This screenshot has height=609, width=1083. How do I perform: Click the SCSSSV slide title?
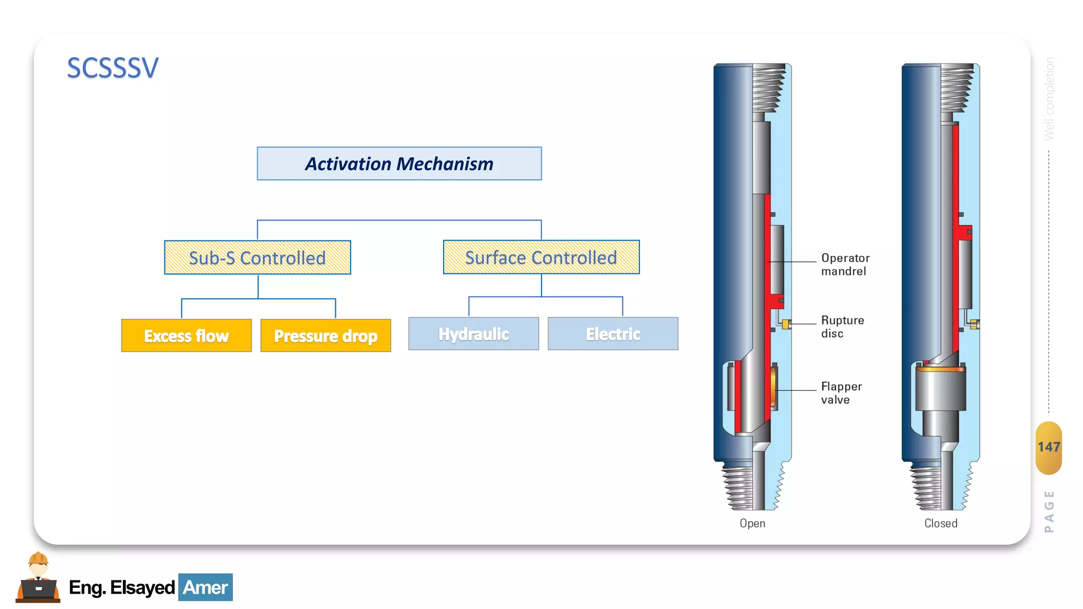[113, 68]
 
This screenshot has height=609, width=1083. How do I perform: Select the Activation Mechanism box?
[399, 164]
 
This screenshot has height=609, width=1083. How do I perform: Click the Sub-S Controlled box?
[258, 258]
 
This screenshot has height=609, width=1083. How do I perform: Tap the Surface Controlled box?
[541, 257]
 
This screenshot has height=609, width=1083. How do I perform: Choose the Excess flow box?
[186, 336]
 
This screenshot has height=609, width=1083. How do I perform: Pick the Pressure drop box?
[326, 336]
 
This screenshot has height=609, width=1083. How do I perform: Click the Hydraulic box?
[473, 334]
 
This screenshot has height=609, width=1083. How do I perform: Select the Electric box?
[613, 334]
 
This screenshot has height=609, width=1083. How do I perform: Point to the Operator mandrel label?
[845, 264]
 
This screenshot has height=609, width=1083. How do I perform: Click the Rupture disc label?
[842, 327]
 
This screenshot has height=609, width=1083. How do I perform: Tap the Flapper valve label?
[841, 393]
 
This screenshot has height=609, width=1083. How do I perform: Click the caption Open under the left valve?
[752, 523]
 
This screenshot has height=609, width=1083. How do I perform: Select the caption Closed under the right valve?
[941, 523]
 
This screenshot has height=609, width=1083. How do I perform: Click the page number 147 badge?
[1049, 447]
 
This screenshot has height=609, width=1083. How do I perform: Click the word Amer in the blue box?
[205, 587]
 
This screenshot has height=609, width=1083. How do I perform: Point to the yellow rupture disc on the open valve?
[786, 324]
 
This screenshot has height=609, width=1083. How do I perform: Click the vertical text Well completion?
[1050, 98]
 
